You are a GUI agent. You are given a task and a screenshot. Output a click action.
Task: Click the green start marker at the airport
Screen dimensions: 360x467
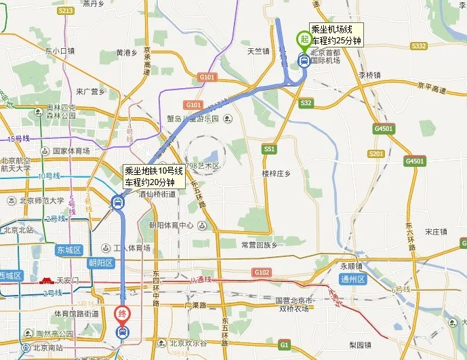click(x=304, y=39)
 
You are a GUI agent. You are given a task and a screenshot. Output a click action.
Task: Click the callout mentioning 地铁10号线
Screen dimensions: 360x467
click(x=153, y=176)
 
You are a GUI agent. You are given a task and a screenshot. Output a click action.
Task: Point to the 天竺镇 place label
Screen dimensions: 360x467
click(x=258, y=51)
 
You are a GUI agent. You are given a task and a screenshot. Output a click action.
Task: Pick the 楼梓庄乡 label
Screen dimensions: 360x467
click(x=276, y=174)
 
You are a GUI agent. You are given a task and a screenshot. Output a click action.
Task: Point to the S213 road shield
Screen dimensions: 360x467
click(x=66, y=11)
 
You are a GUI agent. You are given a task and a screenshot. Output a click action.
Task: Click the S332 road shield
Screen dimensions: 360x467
click(x=418, y=46)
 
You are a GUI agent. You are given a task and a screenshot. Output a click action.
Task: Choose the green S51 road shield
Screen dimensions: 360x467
click(x=270, y=148)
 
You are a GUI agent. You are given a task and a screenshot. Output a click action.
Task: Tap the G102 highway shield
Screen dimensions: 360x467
click(x=262, y=273)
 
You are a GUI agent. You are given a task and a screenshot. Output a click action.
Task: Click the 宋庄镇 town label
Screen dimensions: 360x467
click(x=436, y=231)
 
